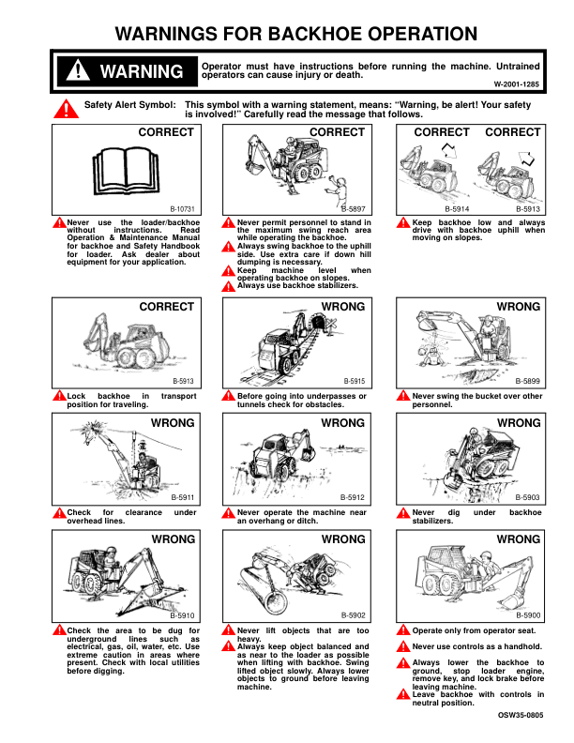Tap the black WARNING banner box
click(x=124, y=72)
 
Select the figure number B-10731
click(x=182, y=209)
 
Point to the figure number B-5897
click(x=354, y=209)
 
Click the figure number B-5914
click(x=457, y=209)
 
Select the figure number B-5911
click(x=182, y=497)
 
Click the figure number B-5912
click(x=353, y=497)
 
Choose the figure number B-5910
click(x=182, y=614)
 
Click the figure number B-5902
click(x=353, y=614)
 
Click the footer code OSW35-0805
click(x=520, y=716)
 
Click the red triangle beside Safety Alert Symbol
click(x=67, y=110)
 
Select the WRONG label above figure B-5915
click(x=343, y=307)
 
